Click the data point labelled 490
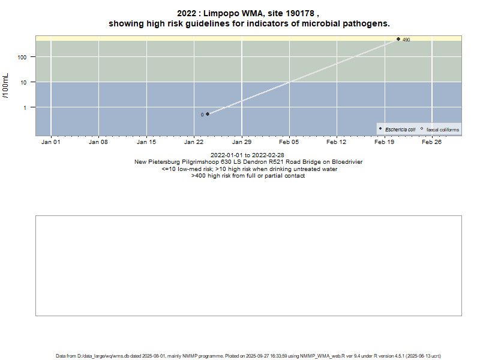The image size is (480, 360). pos(398,39)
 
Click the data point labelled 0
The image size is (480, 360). pos(208,114)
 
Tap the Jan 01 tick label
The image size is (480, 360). pos(50,142)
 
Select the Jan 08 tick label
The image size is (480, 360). pos(98,142)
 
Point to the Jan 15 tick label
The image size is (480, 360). pos(146,142)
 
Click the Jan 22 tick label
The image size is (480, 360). pos(194,142)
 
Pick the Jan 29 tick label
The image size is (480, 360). pos(241,142)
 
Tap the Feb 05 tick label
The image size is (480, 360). pos(289,142)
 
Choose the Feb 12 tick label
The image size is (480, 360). pos(337,142)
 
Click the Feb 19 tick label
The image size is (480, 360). pos(385,142)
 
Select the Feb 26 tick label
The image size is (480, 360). pos(432,142)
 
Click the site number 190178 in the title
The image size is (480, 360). pos(297,13)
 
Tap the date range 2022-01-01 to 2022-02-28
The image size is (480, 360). pos(248,155)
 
